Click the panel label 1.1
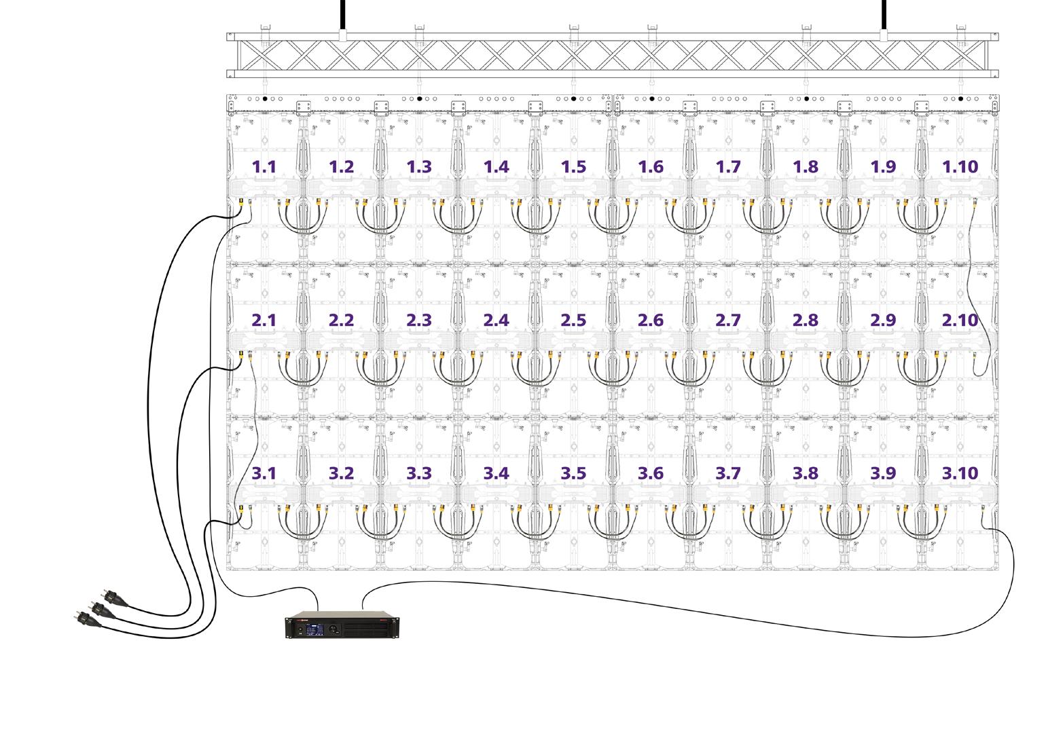(x=264, y=167)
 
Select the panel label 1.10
(x=960, y=167)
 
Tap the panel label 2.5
(x=573, y=320)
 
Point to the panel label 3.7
(x=728, y=473)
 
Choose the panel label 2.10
(x=960, y=320)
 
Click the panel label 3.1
(x=264, y=473)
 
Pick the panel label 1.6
(x=651, y=167)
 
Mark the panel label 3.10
(x=960, y=473)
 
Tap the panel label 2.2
(x=341, y=320)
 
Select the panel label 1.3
(x=418, y=167)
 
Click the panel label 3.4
(x=496, y=473)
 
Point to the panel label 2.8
(x=806, y=320)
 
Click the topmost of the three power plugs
(x=107, y=597)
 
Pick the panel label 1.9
(x=883, y=167)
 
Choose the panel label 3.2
(x=341, y=473)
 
